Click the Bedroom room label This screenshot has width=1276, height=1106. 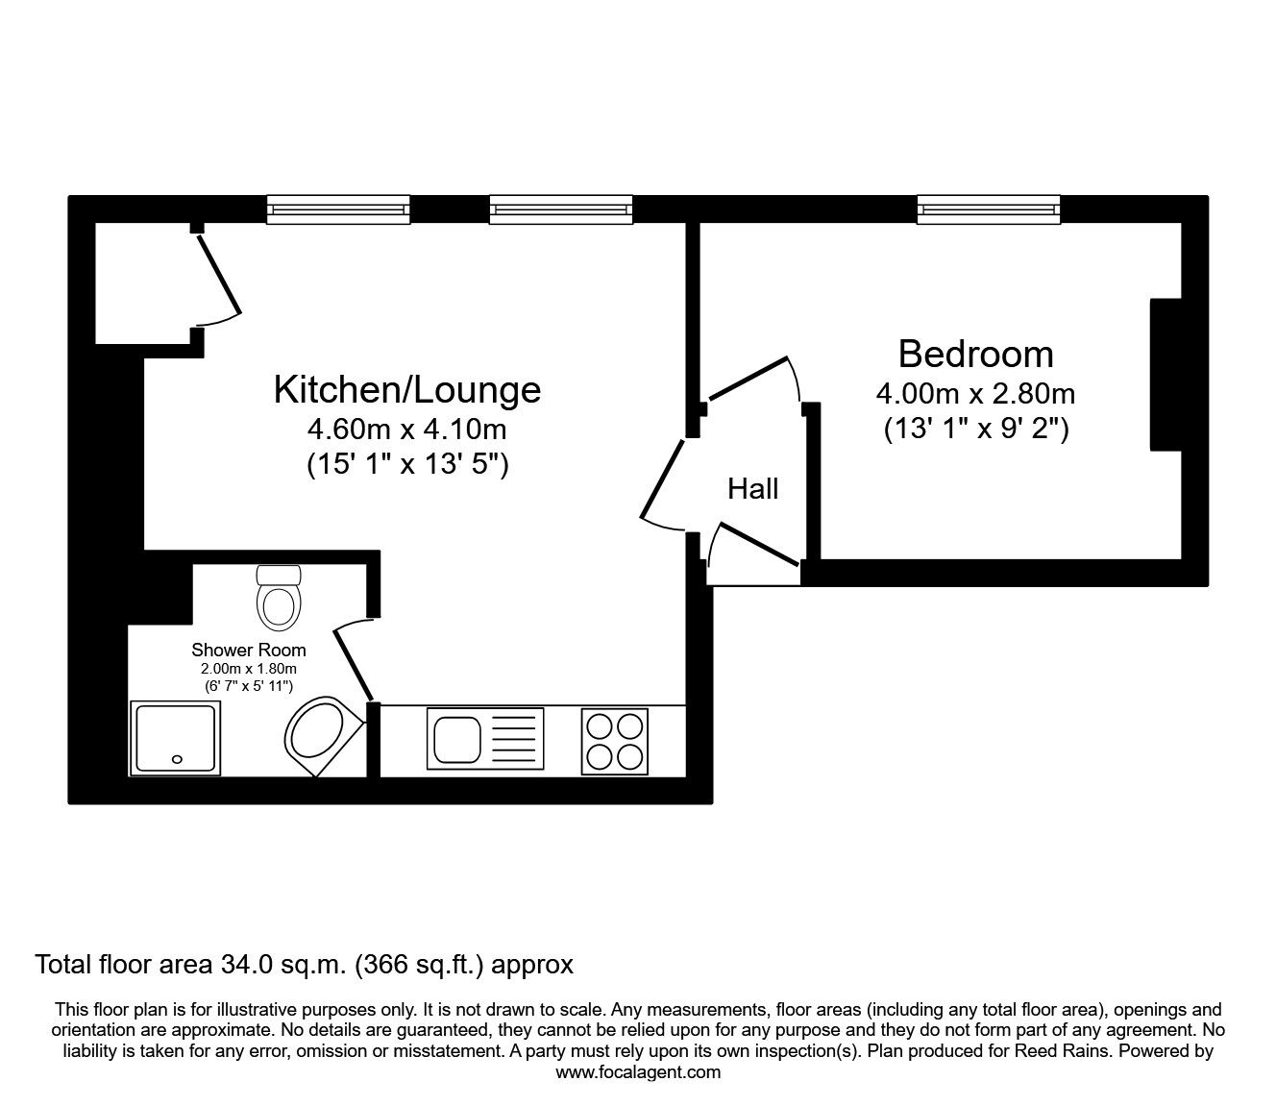click(x=975, y=355)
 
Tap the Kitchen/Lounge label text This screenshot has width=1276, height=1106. click(x=407, y=390)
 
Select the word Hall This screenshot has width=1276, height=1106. click(x=752, y=489)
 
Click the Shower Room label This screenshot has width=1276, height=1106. click(x=249, y=650)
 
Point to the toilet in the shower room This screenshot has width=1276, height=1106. click(x=280, y=598)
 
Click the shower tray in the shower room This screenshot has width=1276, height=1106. click(x=174, y=738)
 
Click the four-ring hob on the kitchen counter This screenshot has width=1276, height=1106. click(x=615, y=740)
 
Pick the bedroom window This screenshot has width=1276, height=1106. click(x=989, y=209)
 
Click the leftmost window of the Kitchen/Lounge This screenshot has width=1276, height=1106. click(x=338, y=209)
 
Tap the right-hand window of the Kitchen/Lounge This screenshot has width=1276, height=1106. click(x=561, y=209)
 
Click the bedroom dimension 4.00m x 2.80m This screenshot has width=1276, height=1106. click(x=975, y=394)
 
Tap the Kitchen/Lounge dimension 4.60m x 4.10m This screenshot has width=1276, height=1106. click(x=407, y=429)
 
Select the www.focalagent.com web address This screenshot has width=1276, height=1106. click(x=638, y=1072)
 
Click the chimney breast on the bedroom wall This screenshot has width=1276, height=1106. click(x=1166, y=375)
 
